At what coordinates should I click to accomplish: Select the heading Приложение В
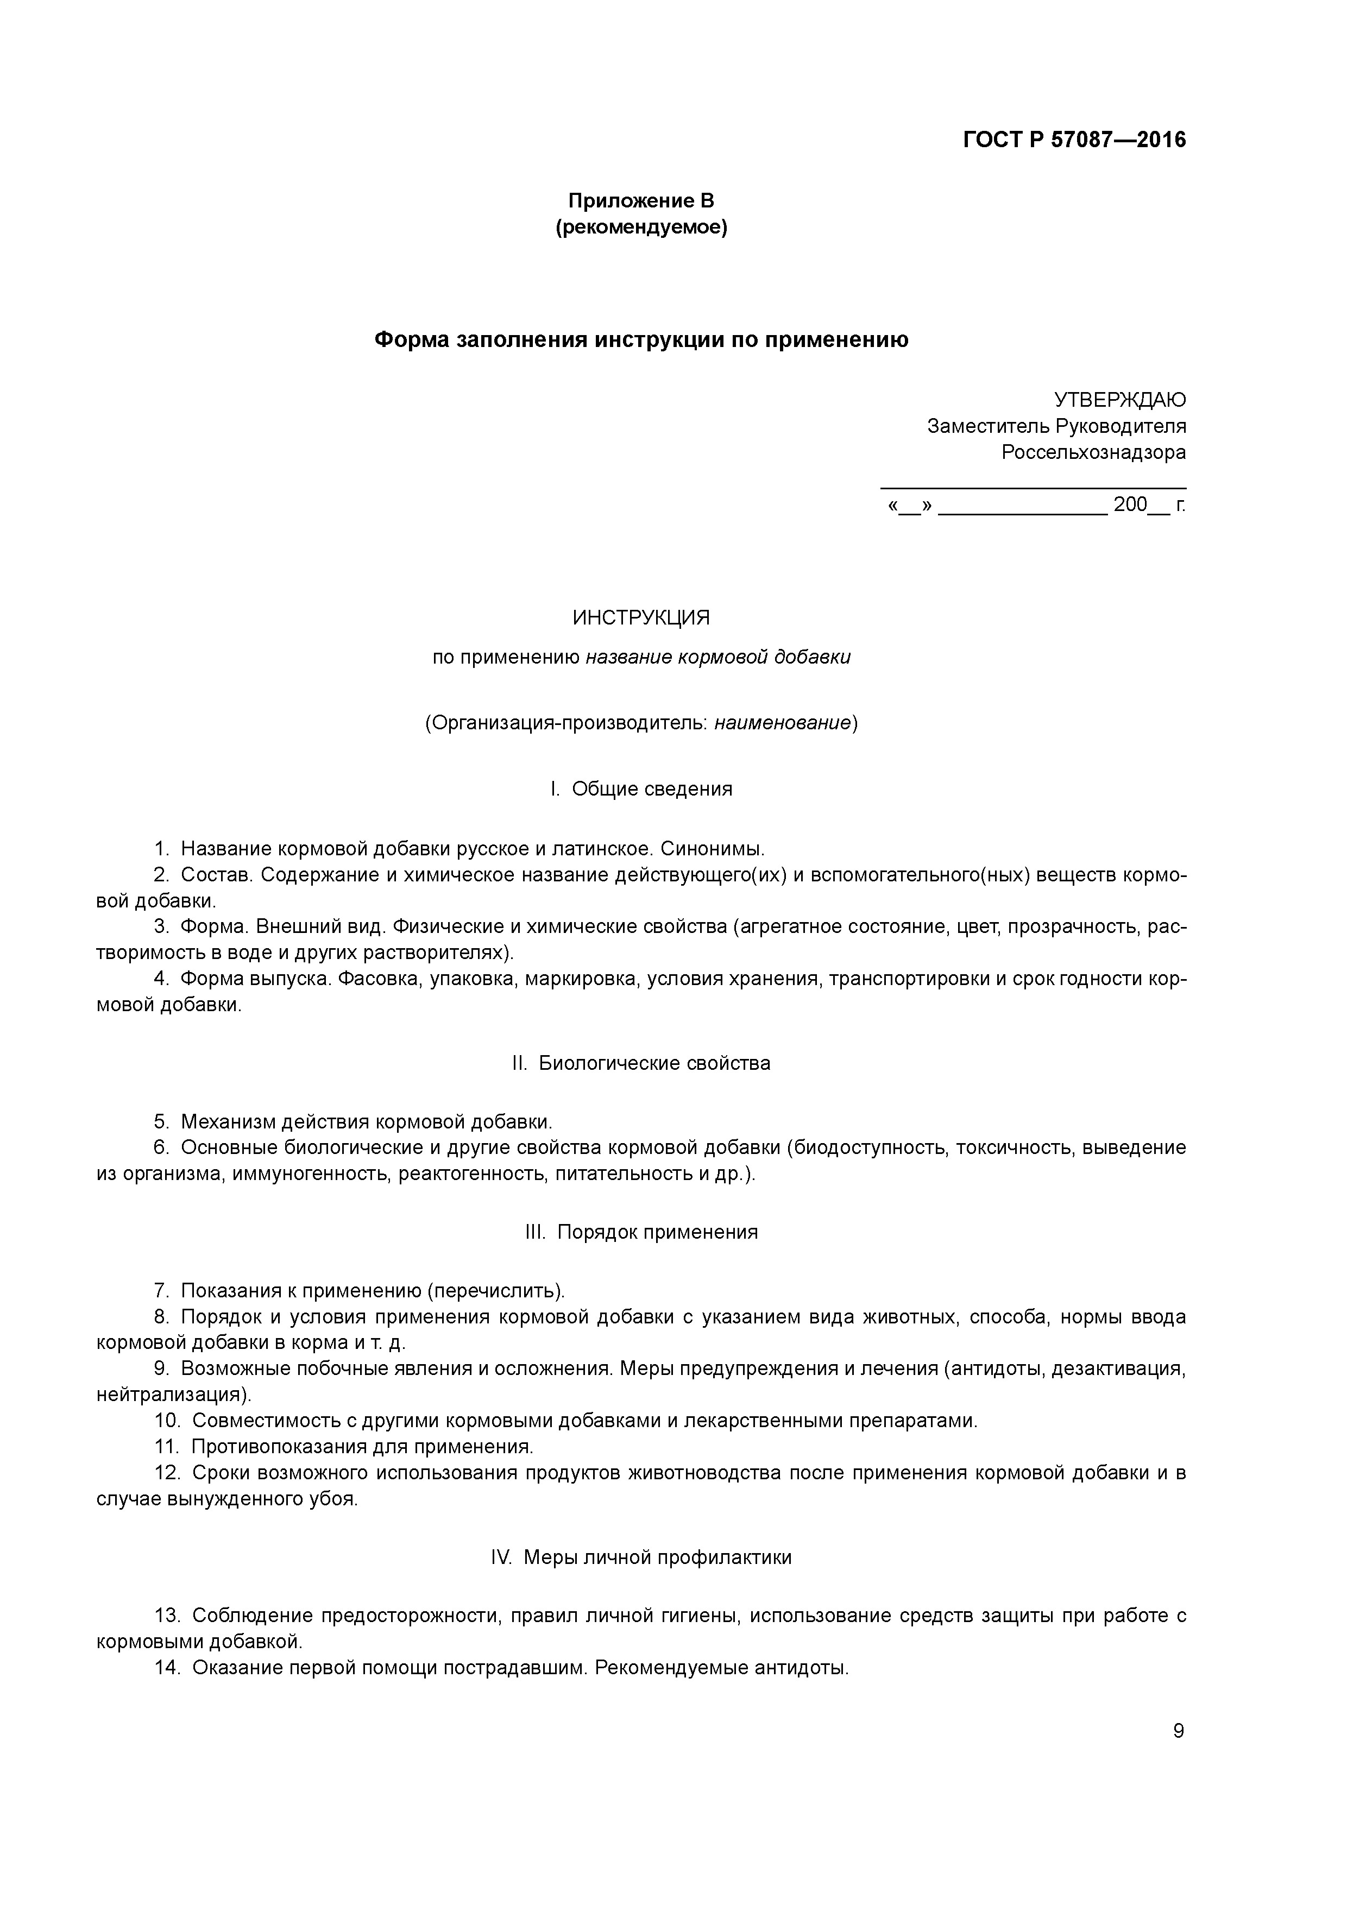[x=641, y=201]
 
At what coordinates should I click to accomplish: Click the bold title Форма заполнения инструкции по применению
[x=641, y=339]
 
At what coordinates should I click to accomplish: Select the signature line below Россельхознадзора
[x=1033, y=488]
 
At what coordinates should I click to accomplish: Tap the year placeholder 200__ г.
[x=1149, y=504]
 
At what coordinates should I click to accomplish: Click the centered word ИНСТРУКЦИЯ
[x=641, y=618]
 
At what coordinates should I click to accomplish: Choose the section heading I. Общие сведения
[x=641, y=789]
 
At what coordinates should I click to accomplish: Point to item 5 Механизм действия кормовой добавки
[x=365, y=1122]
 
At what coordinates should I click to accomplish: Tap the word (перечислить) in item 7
[x=495, y=1291]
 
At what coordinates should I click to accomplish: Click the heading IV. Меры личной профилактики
[x=641, y=1557]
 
